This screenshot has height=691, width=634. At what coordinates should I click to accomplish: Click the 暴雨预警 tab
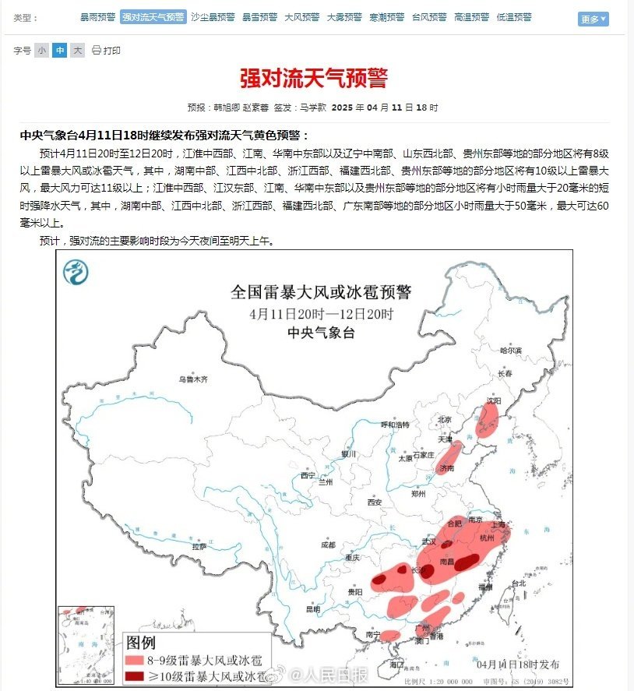(97, 17)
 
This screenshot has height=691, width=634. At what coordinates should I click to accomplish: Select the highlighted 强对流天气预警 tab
(153, 17)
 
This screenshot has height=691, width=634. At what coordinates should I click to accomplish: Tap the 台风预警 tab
(429, 17)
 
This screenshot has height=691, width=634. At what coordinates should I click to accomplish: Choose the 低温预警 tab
(513, 17)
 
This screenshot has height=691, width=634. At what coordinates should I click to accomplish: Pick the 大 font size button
(77, 51)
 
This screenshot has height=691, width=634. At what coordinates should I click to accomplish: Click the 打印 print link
(107, 51)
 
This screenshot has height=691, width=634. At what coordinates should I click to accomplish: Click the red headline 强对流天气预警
(313, 79)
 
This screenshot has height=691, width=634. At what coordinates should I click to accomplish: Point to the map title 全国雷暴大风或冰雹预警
(321, 292)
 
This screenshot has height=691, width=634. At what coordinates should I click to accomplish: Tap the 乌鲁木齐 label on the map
(193, 379)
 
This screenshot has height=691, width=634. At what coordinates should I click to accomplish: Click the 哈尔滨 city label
(510, 350)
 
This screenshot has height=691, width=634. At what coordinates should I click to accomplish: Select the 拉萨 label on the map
(199, 546)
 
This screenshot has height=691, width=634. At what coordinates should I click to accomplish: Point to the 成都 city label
(327, 545)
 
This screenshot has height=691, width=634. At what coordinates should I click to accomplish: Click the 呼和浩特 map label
(394, 425)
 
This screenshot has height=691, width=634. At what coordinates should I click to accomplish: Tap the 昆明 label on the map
(312, 609)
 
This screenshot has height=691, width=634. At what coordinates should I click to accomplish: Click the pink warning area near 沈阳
(488, 418)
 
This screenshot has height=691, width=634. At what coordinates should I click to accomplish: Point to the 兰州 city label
(325, 482)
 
